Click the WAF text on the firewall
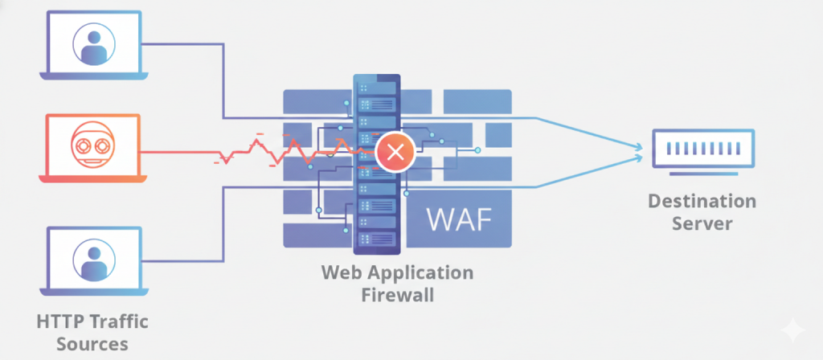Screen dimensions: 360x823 click(457, 219)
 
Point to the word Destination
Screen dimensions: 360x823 click(702, 200)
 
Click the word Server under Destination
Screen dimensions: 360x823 click(702, 223)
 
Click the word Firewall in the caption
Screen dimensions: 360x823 click(397, 295)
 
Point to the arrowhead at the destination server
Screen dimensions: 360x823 click(640, 148)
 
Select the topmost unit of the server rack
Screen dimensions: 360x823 click(376, 86)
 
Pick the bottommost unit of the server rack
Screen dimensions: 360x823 click(376, 239)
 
